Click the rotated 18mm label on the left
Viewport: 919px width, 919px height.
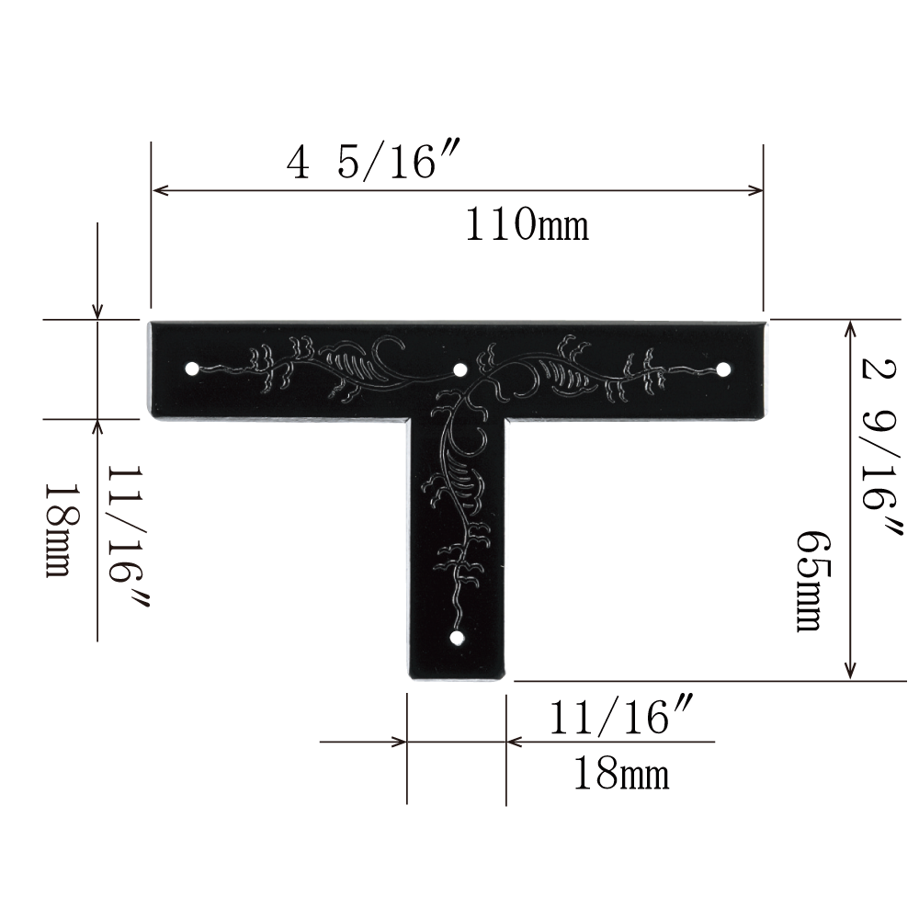coord(61,530)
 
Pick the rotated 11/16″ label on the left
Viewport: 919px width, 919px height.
coord(128,537)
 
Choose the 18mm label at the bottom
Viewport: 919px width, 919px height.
coord(620,774)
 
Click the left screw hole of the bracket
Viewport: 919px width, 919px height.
coord(191,369)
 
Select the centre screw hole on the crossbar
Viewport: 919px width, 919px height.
coord(460,369)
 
